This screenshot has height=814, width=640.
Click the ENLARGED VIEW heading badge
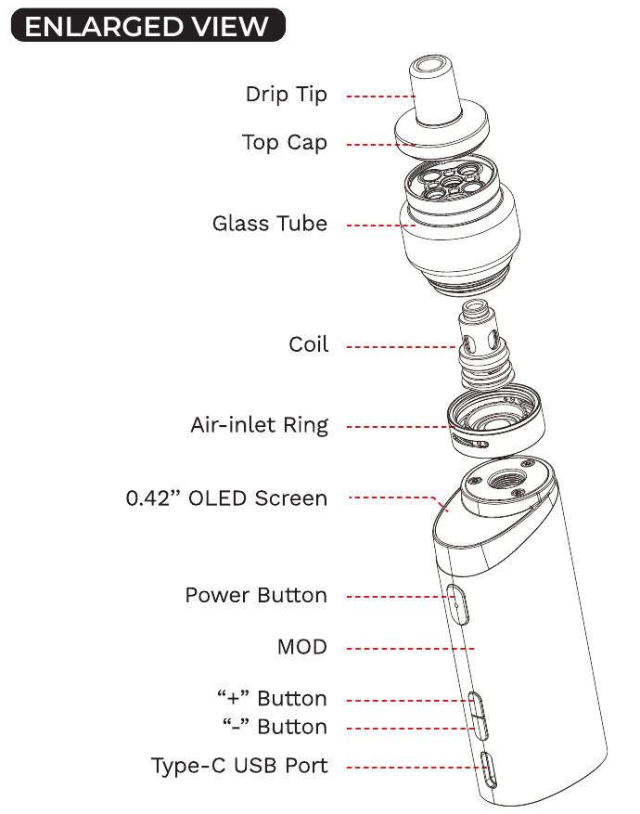coord(147,26)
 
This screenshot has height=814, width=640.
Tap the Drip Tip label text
coord(287,95)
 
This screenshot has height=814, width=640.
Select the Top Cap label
coord(285,143)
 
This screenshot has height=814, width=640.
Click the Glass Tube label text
coord(270,224)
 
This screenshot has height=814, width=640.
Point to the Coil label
coord(309,344)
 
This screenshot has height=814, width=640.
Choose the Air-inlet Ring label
coord(260,425)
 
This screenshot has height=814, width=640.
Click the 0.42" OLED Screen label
coord(227,498)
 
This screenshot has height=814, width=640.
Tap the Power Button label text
coord(256,595)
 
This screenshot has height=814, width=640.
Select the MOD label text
coord(302,647)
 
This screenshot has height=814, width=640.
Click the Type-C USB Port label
coord(239,766)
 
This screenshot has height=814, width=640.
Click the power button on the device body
coord(456,602)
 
